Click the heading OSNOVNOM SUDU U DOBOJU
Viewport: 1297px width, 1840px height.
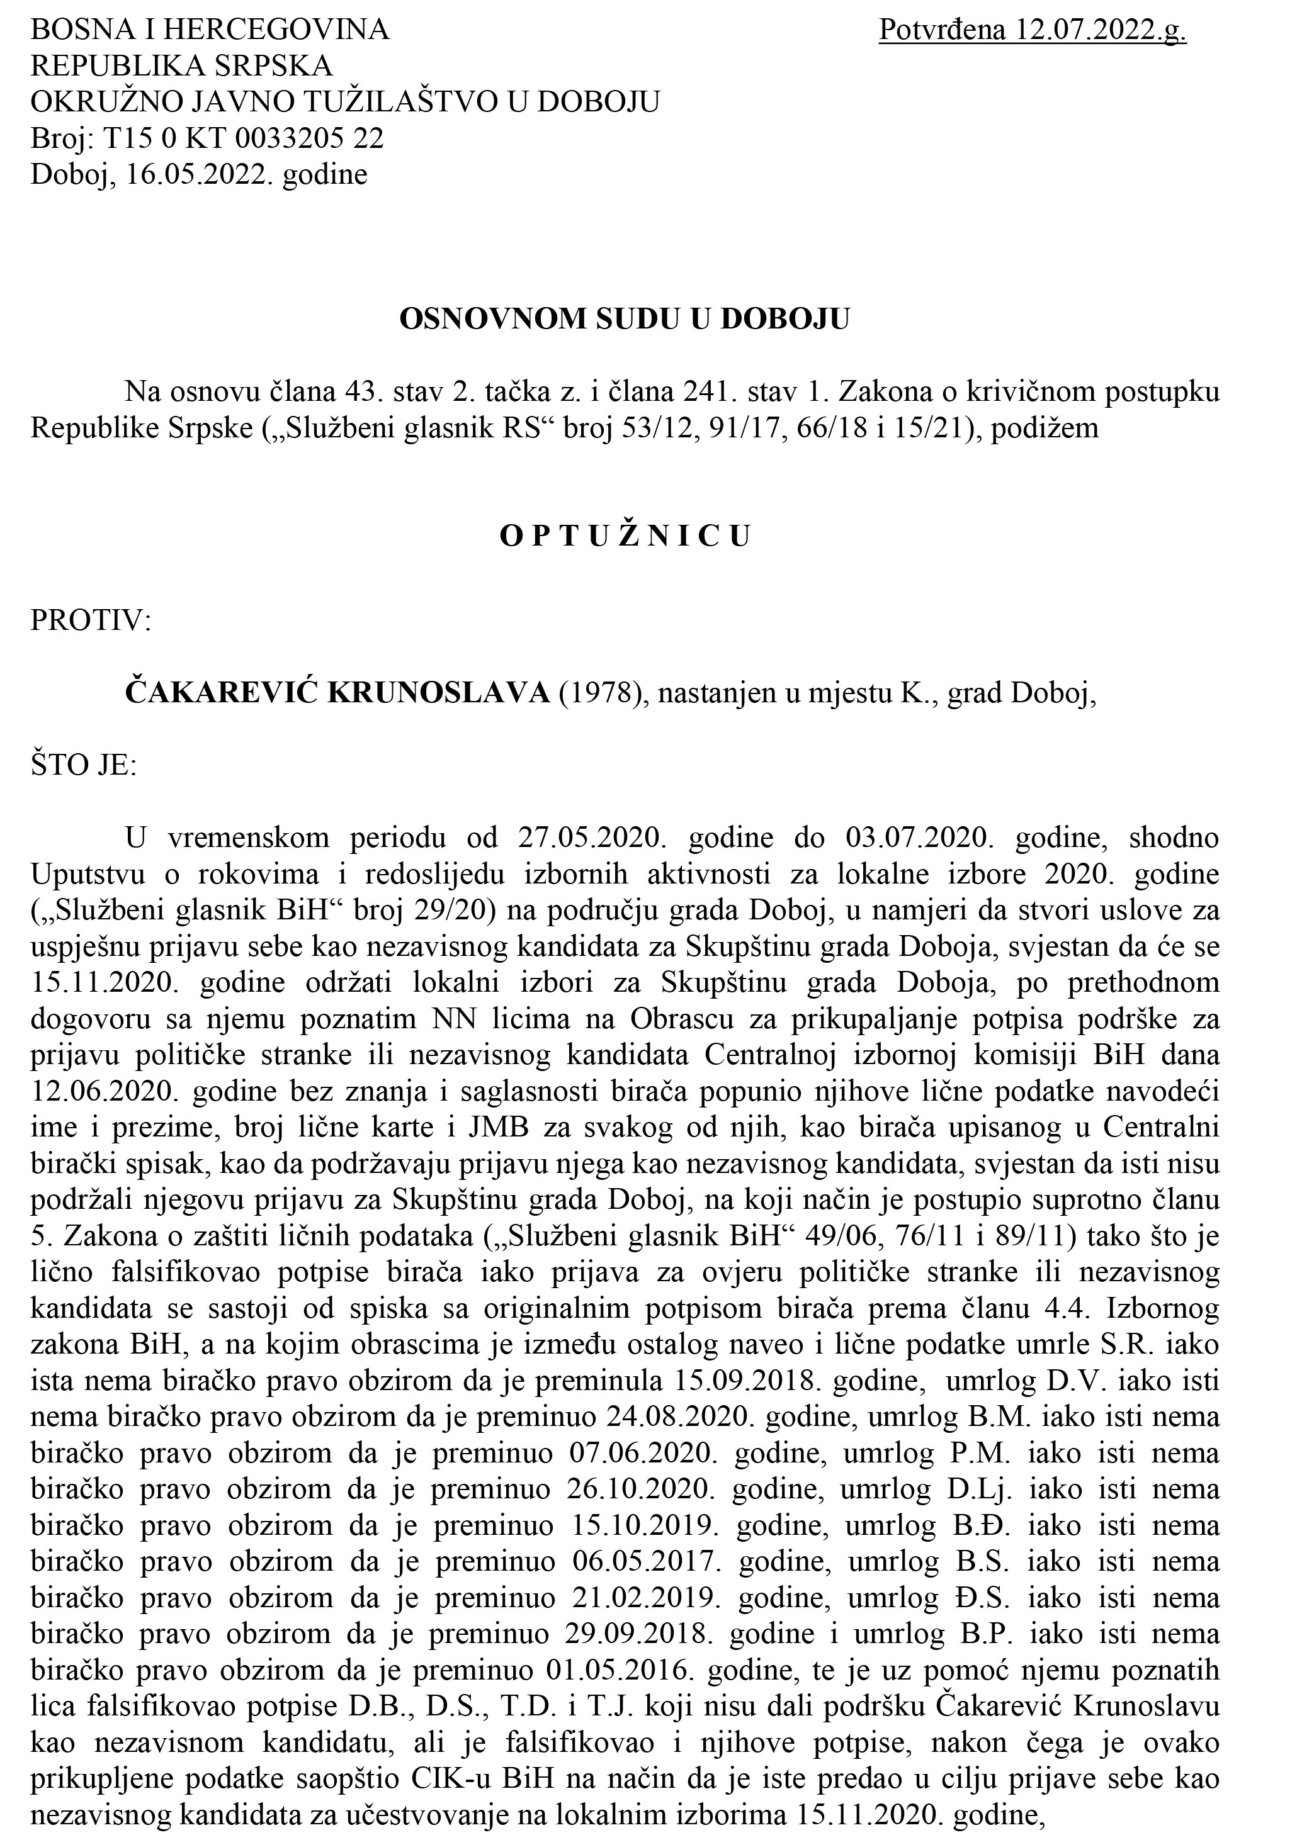(x=624, y=319)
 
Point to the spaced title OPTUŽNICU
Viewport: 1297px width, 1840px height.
(x=625, y=536)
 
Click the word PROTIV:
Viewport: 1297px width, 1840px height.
(x=91, y=621)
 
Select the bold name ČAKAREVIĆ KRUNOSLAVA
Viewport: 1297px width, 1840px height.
(x=337, y=694)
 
